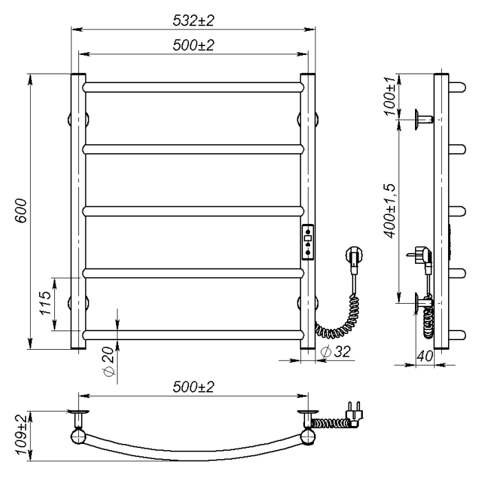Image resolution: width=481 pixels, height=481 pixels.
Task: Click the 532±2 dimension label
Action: pyautogui.click(x=193, y=21)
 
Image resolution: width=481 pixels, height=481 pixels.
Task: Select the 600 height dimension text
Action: pyautogui.click(x=21, y=210)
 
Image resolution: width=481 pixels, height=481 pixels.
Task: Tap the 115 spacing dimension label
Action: pyautogui.click(x=45, y=303)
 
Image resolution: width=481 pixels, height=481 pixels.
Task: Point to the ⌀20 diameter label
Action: pyautogui.click(x=109, y=361)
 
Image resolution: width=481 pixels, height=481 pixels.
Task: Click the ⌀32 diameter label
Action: pyautogui.click(x=335, y=351)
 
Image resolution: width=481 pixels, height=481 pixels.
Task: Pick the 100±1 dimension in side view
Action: pyautogui.click(x=390, y=96)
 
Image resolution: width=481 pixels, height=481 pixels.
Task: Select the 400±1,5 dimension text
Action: pyautogui.click(x=390, y=211)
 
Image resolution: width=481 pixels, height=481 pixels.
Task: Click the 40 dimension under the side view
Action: pyautogui.click(x=425, y=356)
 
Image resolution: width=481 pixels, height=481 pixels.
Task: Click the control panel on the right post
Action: pyautogui.click(x=308, y=243)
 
